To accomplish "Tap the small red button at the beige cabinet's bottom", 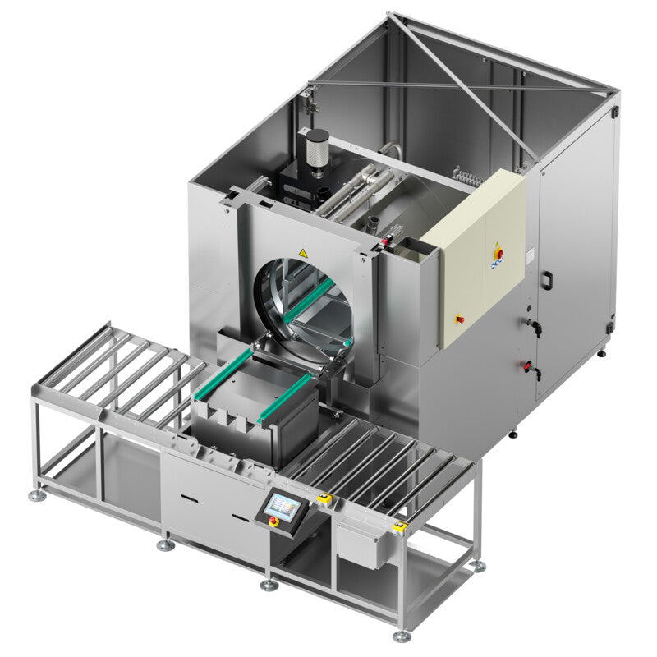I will pos(461,319).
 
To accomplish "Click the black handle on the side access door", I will pos(544,279).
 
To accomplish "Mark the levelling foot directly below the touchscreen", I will pos(269,585).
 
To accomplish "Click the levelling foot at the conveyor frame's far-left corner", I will pos(37,496).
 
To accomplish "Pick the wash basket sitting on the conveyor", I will pos(255,407).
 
